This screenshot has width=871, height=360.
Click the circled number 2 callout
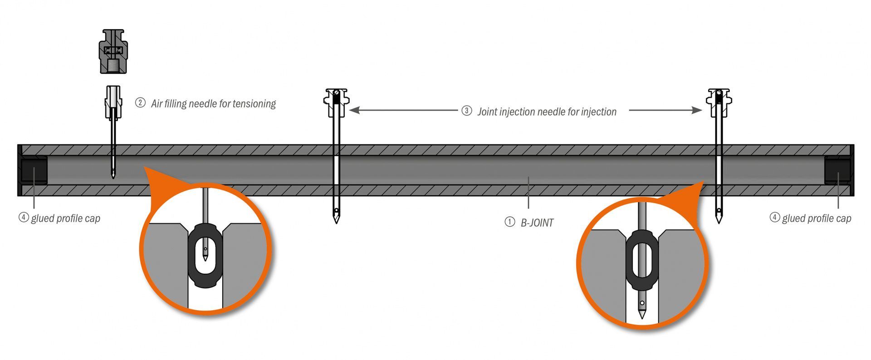(140, 102)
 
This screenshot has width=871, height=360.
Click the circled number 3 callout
(466, 111)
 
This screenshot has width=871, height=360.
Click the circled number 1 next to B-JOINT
(510, 222)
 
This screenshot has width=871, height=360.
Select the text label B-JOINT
(537, 223)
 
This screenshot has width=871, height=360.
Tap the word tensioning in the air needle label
(254, 104)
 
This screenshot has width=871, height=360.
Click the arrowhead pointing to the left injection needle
(354, 110)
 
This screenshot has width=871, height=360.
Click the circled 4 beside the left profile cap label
(23, 218)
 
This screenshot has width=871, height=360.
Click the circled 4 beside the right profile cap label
(774, 218)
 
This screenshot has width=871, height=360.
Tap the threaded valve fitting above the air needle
(113, 52)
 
